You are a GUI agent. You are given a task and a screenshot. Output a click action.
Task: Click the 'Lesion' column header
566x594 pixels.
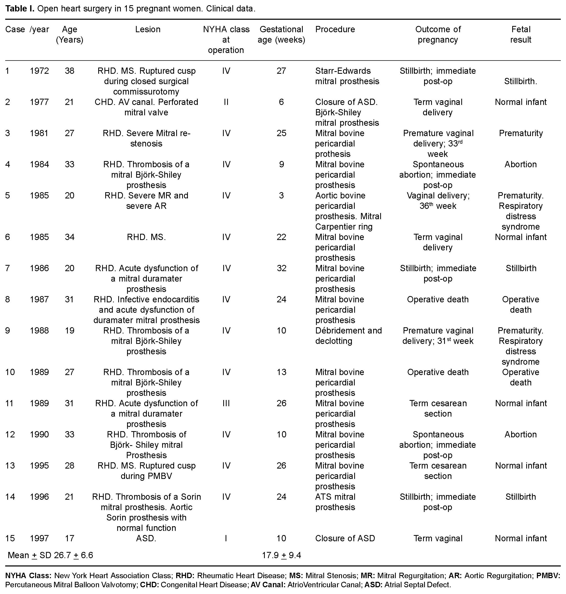[x=148, y=29]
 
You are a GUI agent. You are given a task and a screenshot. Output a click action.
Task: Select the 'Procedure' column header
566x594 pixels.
[x=335, y=29]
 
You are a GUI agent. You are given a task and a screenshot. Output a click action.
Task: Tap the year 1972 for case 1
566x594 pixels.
[x=39, y=71]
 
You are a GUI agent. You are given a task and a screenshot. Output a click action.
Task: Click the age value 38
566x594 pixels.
[x=69, y=71]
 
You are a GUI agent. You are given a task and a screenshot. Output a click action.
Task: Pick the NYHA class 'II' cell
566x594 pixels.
[x=226, y=102]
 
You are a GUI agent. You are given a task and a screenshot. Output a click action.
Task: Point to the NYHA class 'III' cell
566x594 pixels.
[x=226, y=403]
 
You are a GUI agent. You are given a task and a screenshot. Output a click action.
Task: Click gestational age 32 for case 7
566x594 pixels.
[x=281, y=268]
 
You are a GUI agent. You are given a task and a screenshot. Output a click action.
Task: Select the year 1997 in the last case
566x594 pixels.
[x=39, y=538]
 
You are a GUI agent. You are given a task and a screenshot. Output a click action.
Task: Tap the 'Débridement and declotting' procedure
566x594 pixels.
[x=348, y=336]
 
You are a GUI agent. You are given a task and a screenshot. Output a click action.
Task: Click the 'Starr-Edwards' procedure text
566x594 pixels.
[x=343, y=71]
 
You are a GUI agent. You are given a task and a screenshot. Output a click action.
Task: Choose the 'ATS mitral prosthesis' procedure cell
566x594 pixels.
[x=335, y=502]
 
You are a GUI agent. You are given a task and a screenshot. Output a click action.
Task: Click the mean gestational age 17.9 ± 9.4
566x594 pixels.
[x=281, y=555]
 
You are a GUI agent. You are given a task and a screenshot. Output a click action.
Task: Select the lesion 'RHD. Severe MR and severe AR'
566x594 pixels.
[x=146, y=201]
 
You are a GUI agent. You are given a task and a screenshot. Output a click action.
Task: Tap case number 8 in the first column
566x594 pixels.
[x=8, y=299]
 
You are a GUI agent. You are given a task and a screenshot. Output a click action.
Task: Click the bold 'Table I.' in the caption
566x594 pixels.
[x=19, y=9]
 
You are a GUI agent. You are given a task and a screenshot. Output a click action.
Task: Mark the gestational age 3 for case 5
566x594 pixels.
[x=281, y=195]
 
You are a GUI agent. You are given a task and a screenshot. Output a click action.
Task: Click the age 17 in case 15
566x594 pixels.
[x=69, y=538]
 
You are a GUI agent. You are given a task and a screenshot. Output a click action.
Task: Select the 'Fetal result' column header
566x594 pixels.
[x=521, y=34]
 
